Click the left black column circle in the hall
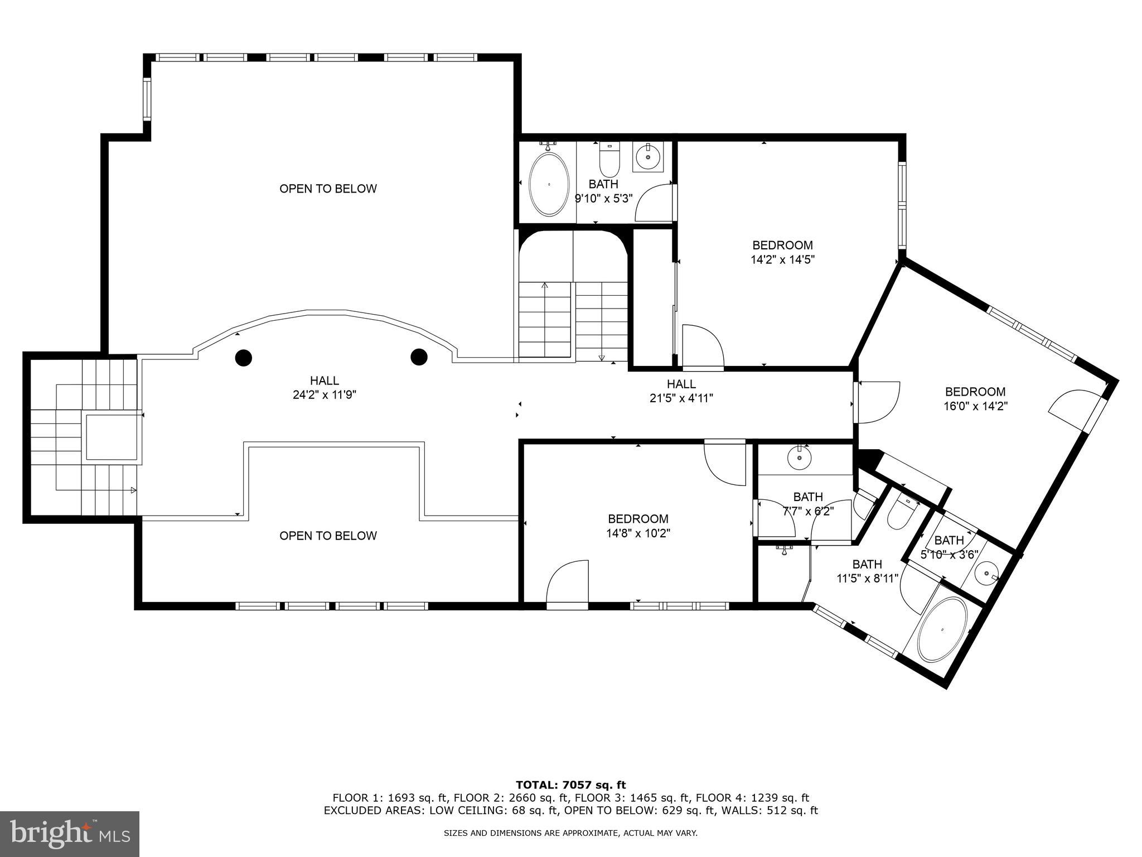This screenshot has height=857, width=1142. (x=243, y=358)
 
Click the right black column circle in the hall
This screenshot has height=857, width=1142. (x=419, y=356)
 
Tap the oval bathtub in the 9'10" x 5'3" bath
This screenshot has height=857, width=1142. (x=549, y=184)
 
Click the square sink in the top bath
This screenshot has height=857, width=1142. (x=648, y=157)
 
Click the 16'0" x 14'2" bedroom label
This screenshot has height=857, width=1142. (x=975, y=399)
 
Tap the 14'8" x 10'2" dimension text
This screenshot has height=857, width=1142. (x=638, y=533)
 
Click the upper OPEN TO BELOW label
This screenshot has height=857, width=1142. (x=328, y=189)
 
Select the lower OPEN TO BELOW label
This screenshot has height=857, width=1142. (x=328, y=536)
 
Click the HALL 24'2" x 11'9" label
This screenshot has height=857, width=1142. (x=325, y=388)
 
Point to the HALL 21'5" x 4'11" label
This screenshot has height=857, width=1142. (x=681, y=391)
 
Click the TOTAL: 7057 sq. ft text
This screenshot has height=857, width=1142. (x=571, y=785)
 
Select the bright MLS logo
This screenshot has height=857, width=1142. (x=70, y=834)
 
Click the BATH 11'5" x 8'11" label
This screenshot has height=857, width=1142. (x=867, y=571)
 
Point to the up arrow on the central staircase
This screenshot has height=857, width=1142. (x=545, y=286)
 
